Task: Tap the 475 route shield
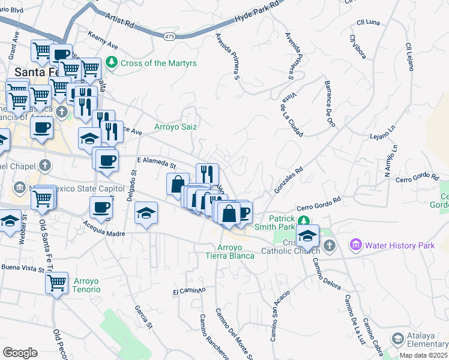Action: click(x=169, y=37)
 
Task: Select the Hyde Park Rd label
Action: click(x=259, y=11)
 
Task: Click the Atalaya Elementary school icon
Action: click(x=397, y=340)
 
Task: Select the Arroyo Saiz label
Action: click(x=175, y=127)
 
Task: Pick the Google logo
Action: click(x=20, y=353)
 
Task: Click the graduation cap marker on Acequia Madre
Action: click(x=146, y=213)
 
